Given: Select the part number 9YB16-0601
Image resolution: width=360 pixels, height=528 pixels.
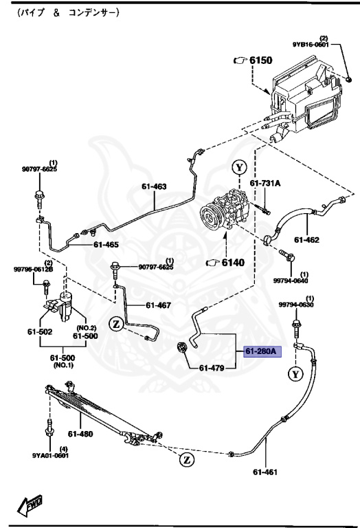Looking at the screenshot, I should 311,45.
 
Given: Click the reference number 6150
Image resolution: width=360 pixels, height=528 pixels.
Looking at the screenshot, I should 260,60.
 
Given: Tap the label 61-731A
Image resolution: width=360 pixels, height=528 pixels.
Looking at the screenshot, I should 266,183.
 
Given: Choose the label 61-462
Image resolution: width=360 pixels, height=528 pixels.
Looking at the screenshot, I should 307,240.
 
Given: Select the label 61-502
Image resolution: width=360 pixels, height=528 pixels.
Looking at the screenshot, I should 40,332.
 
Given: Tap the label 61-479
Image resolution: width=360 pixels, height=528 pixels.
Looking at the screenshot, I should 213,368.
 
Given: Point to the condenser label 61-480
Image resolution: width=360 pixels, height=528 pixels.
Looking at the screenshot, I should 81,434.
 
